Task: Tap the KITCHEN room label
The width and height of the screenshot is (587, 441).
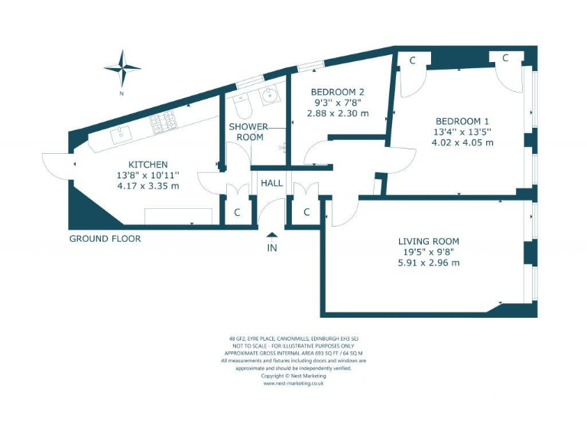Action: point(148,165)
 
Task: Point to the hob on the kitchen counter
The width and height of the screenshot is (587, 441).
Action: point(162,122)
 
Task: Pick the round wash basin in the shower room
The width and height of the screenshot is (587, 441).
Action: point(269,96)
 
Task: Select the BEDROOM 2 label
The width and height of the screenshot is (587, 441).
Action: point(337,92)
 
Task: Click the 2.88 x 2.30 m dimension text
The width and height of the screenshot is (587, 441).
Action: point(337,113)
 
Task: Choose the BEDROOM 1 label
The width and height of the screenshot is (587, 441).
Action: point(462,121)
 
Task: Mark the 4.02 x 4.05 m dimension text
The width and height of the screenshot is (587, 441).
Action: point(462,142)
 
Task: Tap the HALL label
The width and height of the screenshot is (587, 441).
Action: point(271,184)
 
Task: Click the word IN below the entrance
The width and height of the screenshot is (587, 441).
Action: point(272,248)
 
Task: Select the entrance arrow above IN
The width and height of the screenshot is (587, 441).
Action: point(272,235)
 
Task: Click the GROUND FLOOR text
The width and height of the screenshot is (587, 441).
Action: point(105,238)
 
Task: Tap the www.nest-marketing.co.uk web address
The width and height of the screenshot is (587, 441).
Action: point(293,384)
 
